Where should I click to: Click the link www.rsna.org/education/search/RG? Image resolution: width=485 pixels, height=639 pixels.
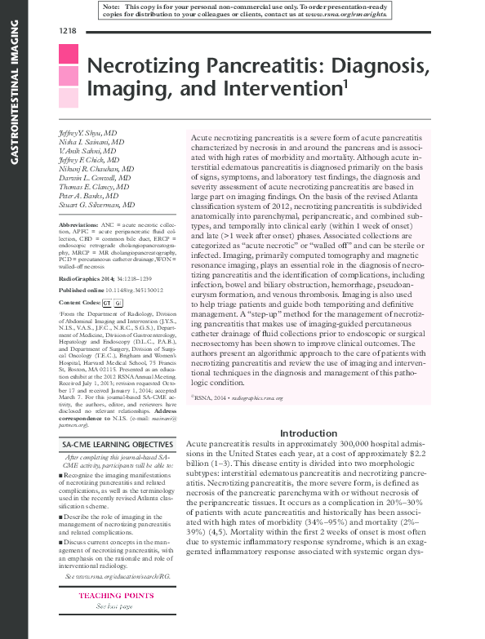coord(115,576)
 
